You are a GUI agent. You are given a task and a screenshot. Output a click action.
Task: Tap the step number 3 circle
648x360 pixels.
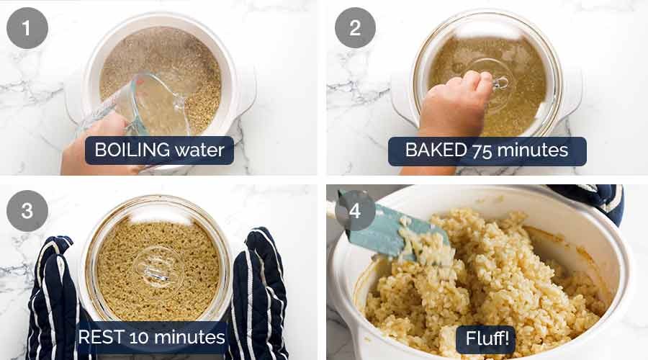27,211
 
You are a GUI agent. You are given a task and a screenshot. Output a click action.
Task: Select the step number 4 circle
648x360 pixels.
355,211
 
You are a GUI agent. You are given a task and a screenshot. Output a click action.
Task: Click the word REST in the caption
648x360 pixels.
99,336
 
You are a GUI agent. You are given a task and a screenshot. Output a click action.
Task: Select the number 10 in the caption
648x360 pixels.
139,336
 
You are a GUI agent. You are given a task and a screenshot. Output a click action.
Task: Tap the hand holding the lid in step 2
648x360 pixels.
454,108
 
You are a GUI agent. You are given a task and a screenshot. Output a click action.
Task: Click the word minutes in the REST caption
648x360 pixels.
189,336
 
